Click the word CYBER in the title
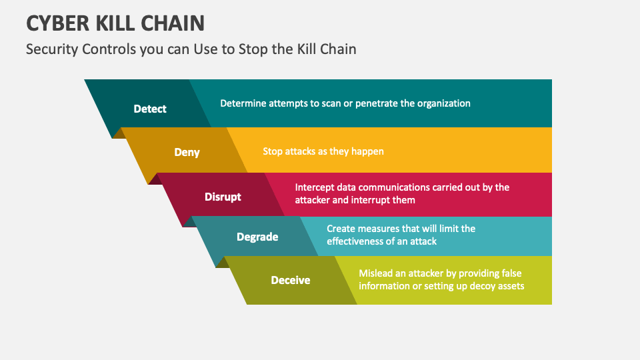tap(58, 23)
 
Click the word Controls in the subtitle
tap(109, 49)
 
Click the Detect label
tap(150, 109)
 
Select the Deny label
tap(187, 152)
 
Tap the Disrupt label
tap(223, 197)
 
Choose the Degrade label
tap(257, 237)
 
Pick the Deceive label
tap(291, 280)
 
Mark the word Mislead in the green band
tap(375, 273)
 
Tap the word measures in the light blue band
tap(377, 229)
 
